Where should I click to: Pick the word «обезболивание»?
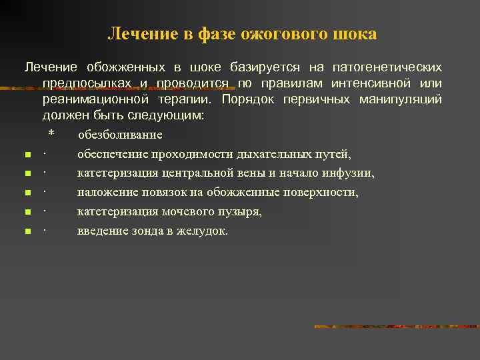pos(120,135)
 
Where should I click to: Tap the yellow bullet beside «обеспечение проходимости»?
pos(27,155)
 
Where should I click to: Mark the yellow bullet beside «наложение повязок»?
pos(27,193)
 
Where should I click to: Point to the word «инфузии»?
pos(350,173)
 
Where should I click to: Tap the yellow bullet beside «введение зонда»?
pos(27,232)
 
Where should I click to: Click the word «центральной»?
pos(194,173)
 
